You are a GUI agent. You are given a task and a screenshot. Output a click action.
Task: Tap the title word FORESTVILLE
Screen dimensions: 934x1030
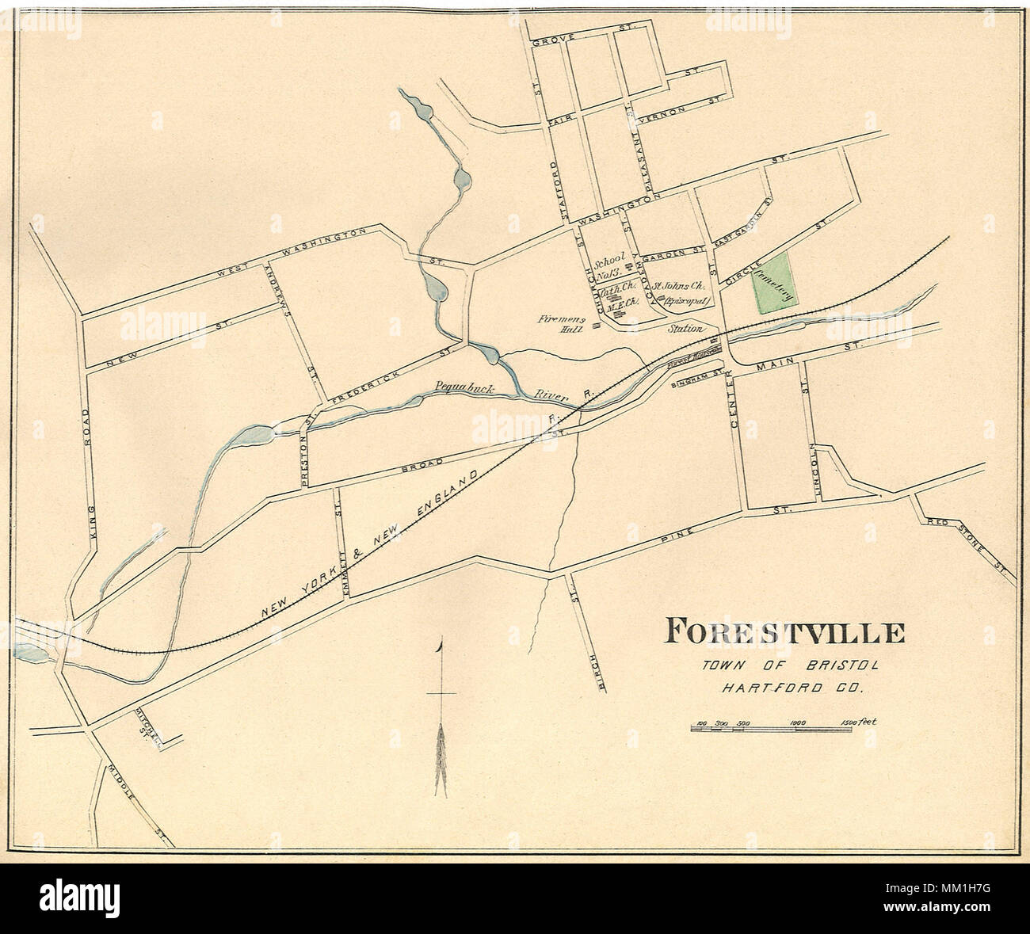(784, 633)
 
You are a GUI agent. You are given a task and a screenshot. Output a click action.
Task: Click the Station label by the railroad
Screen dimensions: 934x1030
(685, 328)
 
